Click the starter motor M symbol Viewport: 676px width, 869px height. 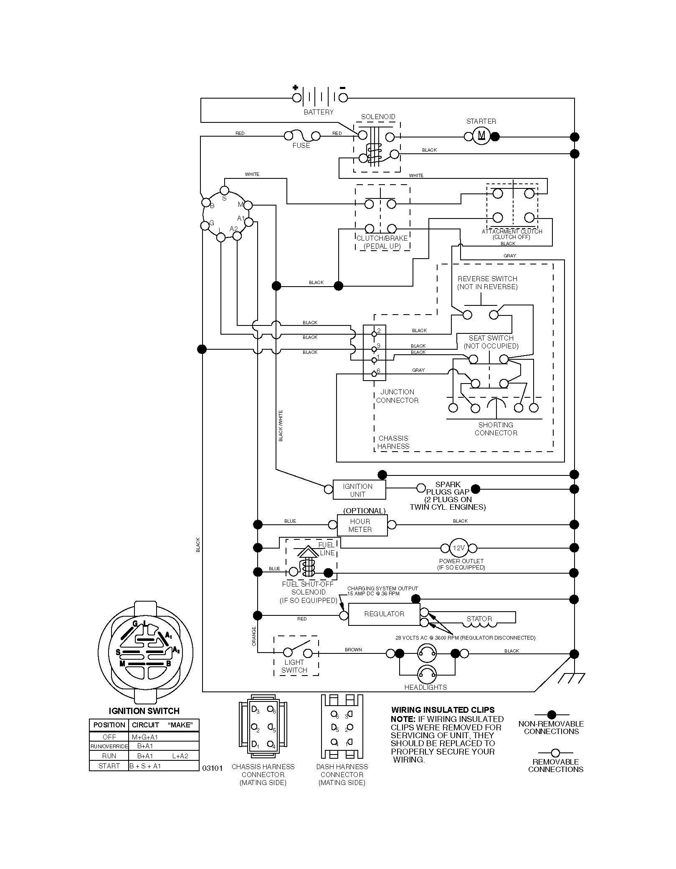[481, 136]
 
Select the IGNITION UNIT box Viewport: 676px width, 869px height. [359, 490]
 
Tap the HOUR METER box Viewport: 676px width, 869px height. [362, 525]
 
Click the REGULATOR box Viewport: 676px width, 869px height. [384, 614]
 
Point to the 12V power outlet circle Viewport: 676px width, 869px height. [459, 548]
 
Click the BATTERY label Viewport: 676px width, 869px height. [319, 112]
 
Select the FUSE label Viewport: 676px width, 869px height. [301, 145]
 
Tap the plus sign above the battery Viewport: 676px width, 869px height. [296, 87]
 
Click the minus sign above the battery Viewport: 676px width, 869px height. [342, 88]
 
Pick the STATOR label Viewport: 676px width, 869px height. [479, 619]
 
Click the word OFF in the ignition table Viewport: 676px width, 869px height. [109, 737]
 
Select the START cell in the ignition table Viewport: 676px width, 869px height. [109, 766]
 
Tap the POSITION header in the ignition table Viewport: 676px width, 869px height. [109, 725]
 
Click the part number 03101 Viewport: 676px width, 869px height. [212, 768]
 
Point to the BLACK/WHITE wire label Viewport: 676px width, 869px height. [281, 425]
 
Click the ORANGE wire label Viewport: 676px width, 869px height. [253, 636]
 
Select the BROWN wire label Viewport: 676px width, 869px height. [353, 650]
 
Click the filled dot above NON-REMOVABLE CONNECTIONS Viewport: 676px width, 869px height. [551, 714]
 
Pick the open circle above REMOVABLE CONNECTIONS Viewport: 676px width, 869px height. [555, 753]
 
